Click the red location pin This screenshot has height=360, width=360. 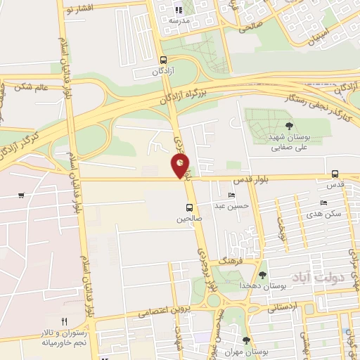(181, 165)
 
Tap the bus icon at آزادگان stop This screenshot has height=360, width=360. (163, 60)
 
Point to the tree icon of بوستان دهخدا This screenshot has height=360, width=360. (263, 275)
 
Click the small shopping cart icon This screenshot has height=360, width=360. (22, 195)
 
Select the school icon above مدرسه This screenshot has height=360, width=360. (178, 11)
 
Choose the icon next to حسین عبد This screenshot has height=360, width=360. (231, 195)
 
